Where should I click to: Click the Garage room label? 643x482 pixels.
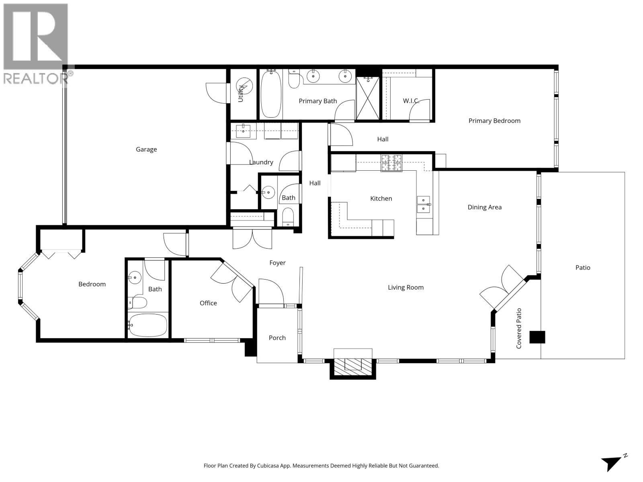(146, 149)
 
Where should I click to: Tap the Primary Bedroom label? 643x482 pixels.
(494, 121)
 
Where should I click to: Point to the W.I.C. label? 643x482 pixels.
(411, 101)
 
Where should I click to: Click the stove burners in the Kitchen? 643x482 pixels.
(391, 163)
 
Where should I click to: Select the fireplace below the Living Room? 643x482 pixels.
(353, 364)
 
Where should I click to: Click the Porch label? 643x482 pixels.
(277, 338)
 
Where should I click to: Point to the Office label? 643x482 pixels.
(208, 303)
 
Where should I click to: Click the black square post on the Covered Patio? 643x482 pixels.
(537, 337)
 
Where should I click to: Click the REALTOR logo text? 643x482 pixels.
(35, 78)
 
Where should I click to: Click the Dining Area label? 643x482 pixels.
(484, 207)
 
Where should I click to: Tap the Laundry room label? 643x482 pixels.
(261, 162)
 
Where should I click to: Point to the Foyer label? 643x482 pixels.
(277, 263)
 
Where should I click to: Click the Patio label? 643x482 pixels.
(583, 268)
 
